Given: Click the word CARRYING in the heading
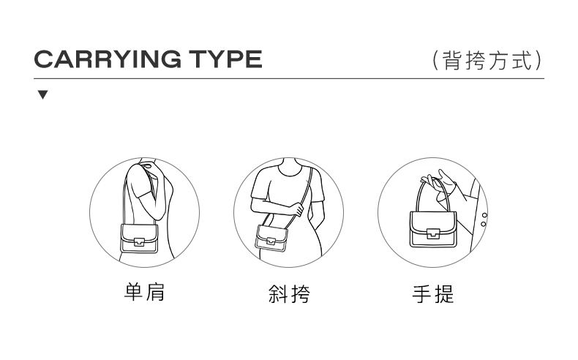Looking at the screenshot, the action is [108, 59].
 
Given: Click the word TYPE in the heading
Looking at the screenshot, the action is [225, 59].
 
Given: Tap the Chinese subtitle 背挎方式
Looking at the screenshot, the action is [488, 61].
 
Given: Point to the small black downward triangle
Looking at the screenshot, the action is [42, 94].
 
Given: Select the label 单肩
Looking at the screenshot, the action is [145, 292].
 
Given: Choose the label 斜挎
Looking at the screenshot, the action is [289, 293].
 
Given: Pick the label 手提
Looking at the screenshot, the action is [433, 293].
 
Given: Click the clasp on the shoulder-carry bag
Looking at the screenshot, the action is [139, 241].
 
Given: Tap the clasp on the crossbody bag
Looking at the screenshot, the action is [271, 241].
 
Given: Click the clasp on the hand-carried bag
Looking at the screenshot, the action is [433, 233].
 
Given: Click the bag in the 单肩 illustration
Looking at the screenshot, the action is [139, 239].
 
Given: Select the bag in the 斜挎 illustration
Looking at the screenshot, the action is [271, 239].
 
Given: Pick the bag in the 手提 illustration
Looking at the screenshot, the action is [433, 229].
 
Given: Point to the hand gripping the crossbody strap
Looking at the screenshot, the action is [297, 209].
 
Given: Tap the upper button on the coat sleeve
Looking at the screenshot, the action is [484, 215].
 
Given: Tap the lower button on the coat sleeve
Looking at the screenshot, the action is [484, 224].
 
